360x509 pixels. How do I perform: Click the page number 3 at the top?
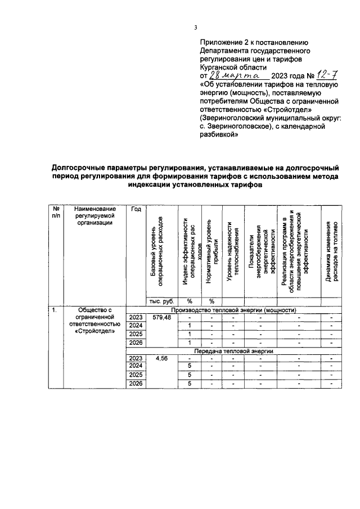click(x=196, y=28)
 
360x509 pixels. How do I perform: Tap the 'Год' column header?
click(x=136, y=209)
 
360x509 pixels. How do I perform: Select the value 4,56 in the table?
click(x=161, y=358)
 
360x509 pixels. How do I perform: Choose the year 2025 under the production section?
click(x=136, y=334)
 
